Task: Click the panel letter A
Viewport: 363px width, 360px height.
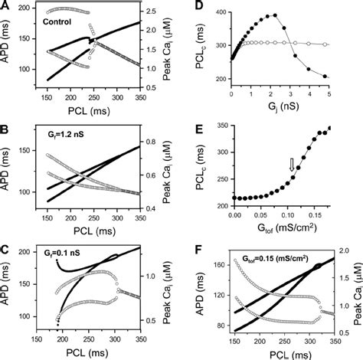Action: pyautogui.click(x=5, y=5)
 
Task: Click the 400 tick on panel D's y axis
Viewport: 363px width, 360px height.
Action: pyautogui.click(x=220, y=12)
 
